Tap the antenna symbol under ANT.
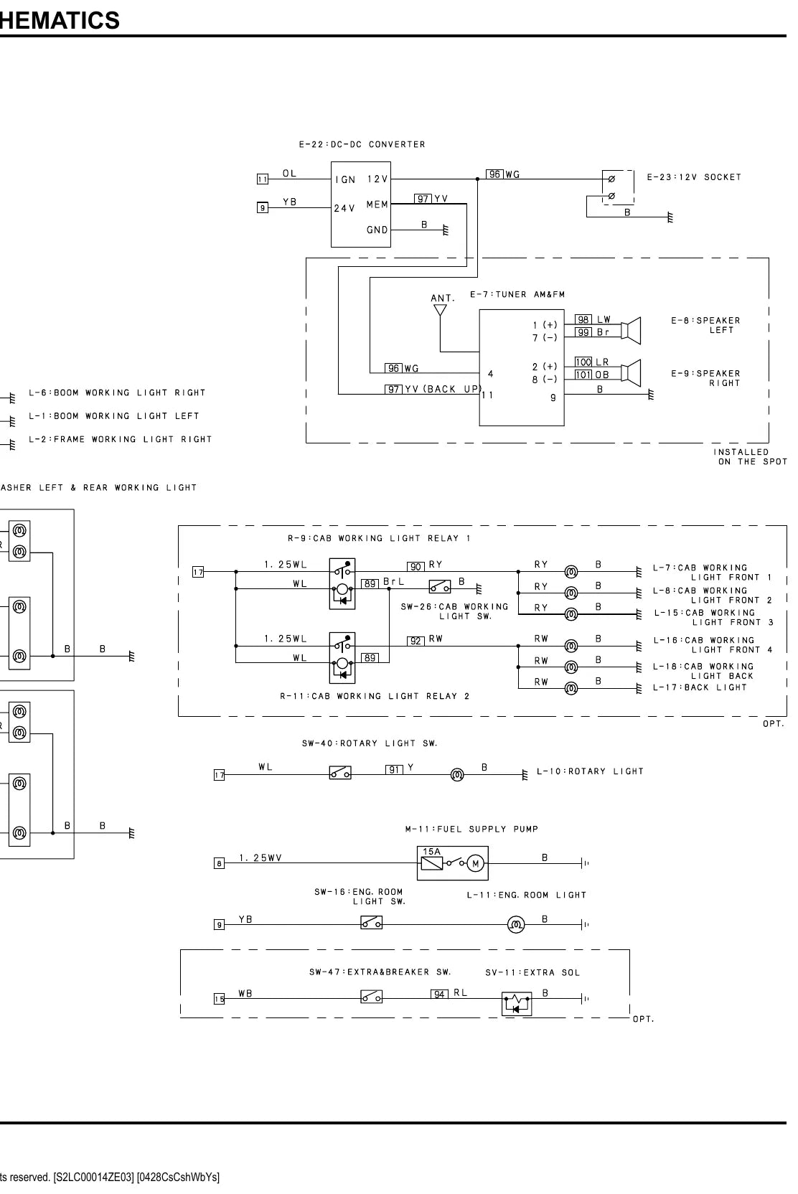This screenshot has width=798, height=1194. [440, 310]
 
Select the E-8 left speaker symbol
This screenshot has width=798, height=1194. [633, 331]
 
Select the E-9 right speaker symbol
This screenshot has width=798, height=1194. [633, 372]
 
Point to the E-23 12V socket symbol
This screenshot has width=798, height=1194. [619, 187]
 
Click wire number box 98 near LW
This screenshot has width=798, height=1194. [583, 319]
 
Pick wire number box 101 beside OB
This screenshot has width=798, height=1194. [583, 375]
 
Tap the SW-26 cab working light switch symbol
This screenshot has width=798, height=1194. [439, 587]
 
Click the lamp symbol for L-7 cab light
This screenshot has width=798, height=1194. [571, 572]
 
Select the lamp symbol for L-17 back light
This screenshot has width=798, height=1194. [571, 689]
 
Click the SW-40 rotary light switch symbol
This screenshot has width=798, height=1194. [340, 772]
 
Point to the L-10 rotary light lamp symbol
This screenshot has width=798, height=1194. [457, 774]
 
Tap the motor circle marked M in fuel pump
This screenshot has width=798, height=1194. [476, 863]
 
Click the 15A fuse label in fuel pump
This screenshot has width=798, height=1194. [431, 852]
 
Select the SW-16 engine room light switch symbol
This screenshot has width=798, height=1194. [371, 922]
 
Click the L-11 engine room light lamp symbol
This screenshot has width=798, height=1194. [515, 924]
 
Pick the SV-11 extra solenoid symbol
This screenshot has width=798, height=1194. [517, 1004]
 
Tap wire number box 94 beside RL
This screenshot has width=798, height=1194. [439, 994]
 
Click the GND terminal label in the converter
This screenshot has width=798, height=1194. [377, 230]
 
